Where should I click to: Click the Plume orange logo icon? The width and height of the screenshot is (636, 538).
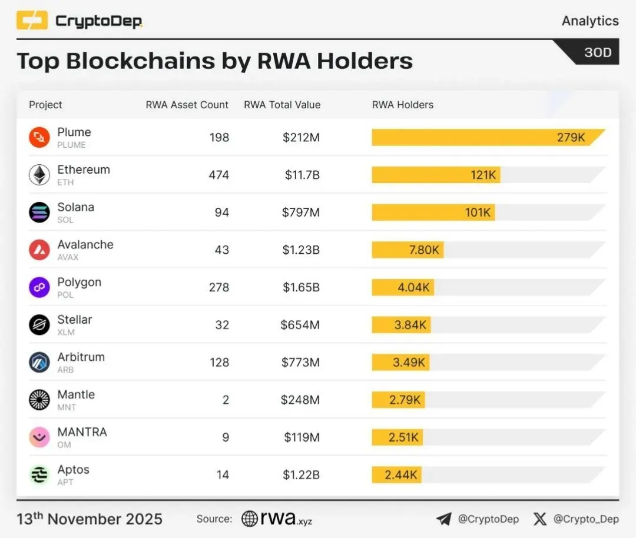pos(39,138)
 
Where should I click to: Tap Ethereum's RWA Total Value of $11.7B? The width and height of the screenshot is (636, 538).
pos(300,175)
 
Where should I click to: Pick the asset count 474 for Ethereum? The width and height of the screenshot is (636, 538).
pos(219,175)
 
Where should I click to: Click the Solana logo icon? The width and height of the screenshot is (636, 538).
pos(39,212)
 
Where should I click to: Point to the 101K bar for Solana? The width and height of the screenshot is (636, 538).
pos(433,212)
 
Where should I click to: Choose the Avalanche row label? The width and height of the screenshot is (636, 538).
pos(85,245)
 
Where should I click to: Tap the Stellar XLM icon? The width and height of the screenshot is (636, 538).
pos(39,325)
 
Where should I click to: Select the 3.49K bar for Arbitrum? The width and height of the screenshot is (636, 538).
pos(400,362)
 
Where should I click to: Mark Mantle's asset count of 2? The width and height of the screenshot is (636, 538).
pos(225,400)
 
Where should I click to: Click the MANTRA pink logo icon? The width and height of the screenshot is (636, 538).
pos(39,437)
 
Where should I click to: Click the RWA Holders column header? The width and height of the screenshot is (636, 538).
pos(403,105)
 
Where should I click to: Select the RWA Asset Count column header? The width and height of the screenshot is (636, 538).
pos(187,105)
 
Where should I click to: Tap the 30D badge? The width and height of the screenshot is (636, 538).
pos(597,52)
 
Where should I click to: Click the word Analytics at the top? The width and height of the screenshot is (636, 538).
pos(590,21)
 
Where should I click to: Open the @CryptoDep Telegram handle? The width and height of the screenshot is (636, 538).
pos(488,519)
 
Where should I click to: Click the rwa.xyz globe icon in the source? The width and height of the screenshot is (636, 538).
pos(250,519)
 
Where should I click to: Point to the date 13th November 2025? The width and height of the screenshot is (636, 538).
pos(90,519)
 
